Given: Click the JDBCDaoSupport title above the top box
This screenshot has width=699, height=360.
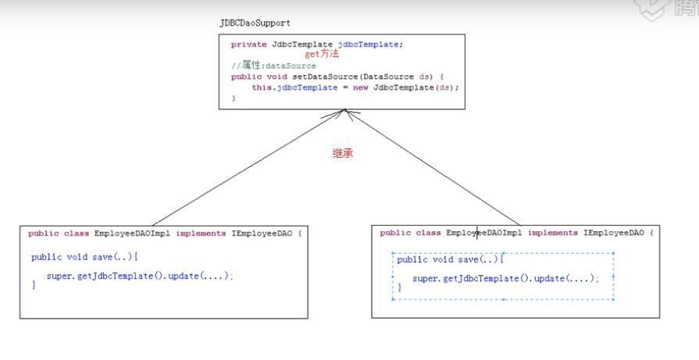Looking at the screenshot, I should pos(255,24).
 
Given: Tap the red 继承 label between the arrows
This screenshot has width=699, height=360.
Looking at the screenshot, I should pos(343,154).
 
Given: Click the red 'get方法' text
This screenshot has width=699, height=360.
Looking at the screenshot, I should pos(322,55).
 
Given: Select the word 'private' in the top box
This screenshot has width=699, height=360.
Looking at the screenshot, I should pos(249,45).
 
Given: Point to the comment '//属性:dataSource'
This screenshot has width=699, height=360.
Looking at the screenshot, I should pos(273,66).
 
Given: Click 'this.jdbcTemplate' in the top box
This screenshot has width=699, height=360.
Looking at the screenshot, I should pos(287,87).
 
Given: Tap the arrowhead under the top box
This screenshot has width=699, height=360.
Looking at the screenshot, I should pos(345,114).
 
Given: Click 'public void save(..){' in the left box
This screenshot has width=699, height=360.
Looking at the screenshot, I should pos(84,257).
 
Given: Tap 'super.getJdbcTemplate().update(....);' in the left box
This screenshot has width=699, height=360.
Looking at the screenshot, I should pos(140,276).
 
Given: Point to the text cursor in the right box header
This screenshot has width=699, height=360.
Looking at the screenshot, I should pos(477,233).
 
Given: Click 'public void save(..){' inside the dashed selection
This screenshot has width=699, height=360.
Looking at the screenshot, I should pos(451,260).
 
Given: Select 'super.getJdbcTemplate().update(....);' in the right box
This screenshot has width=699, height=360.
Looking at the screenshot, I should pos(505,279).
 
